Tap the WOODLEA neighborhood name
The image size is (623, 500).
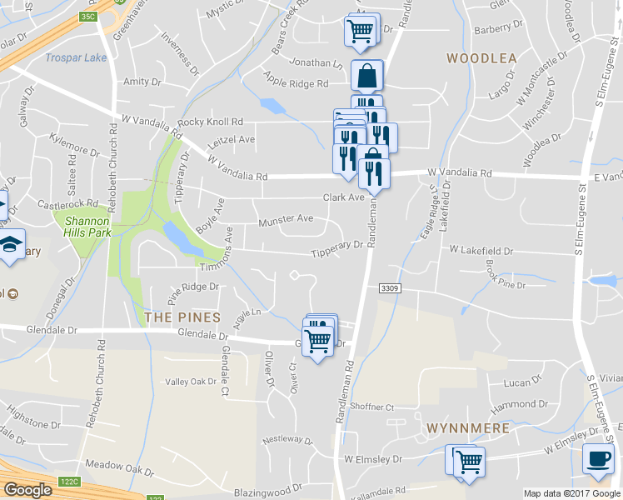coord(481,58)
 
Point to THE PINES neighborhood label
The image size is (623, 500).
coord(182,317)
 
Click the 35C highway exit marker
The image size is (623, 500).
coord(88,16)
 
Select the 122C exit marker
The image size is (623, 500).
coord(69,482)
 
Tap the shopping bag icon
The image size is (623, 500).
coord(366,77)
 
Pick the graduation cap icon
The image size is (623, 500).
coord(11,245)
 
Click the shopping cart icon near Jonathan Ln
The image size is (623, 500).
coord(359,31)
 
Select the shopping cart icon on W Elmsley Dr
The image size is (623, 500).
coord(469,461)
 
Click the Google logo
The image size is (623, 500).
coord(27,489)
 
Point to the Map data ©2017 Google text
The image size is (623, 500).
coord(571,493)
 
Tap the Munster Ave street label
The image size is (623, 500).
coord(286,219)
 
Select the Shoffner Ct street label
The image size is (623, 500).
coord(371,407)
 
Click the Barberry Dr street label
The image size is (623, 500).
coord(497,28)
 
